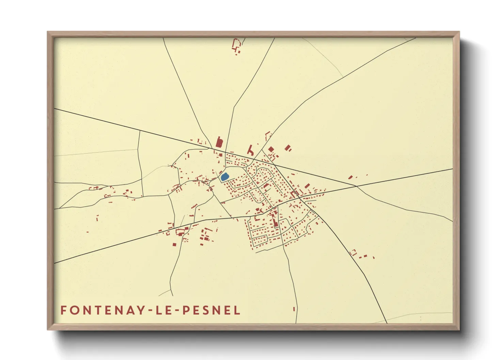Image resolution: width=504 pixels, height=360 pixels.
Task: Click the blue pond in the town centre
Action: click(224, 177)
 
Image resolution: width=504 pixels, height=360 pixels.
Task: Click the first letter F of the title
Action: click(63, 310)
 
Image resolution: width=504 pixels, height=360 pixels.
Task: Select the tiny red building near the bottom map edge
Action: click(294, 309)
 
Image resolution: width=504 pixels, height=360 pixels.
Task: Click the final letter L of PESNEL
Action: click(237, 310)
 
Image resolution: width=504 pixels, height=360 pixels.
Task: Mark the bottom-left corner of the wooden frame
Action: click(48, 329)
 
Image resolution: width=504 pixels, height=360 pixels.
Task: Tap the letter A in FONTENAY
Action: click(131, 310)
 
